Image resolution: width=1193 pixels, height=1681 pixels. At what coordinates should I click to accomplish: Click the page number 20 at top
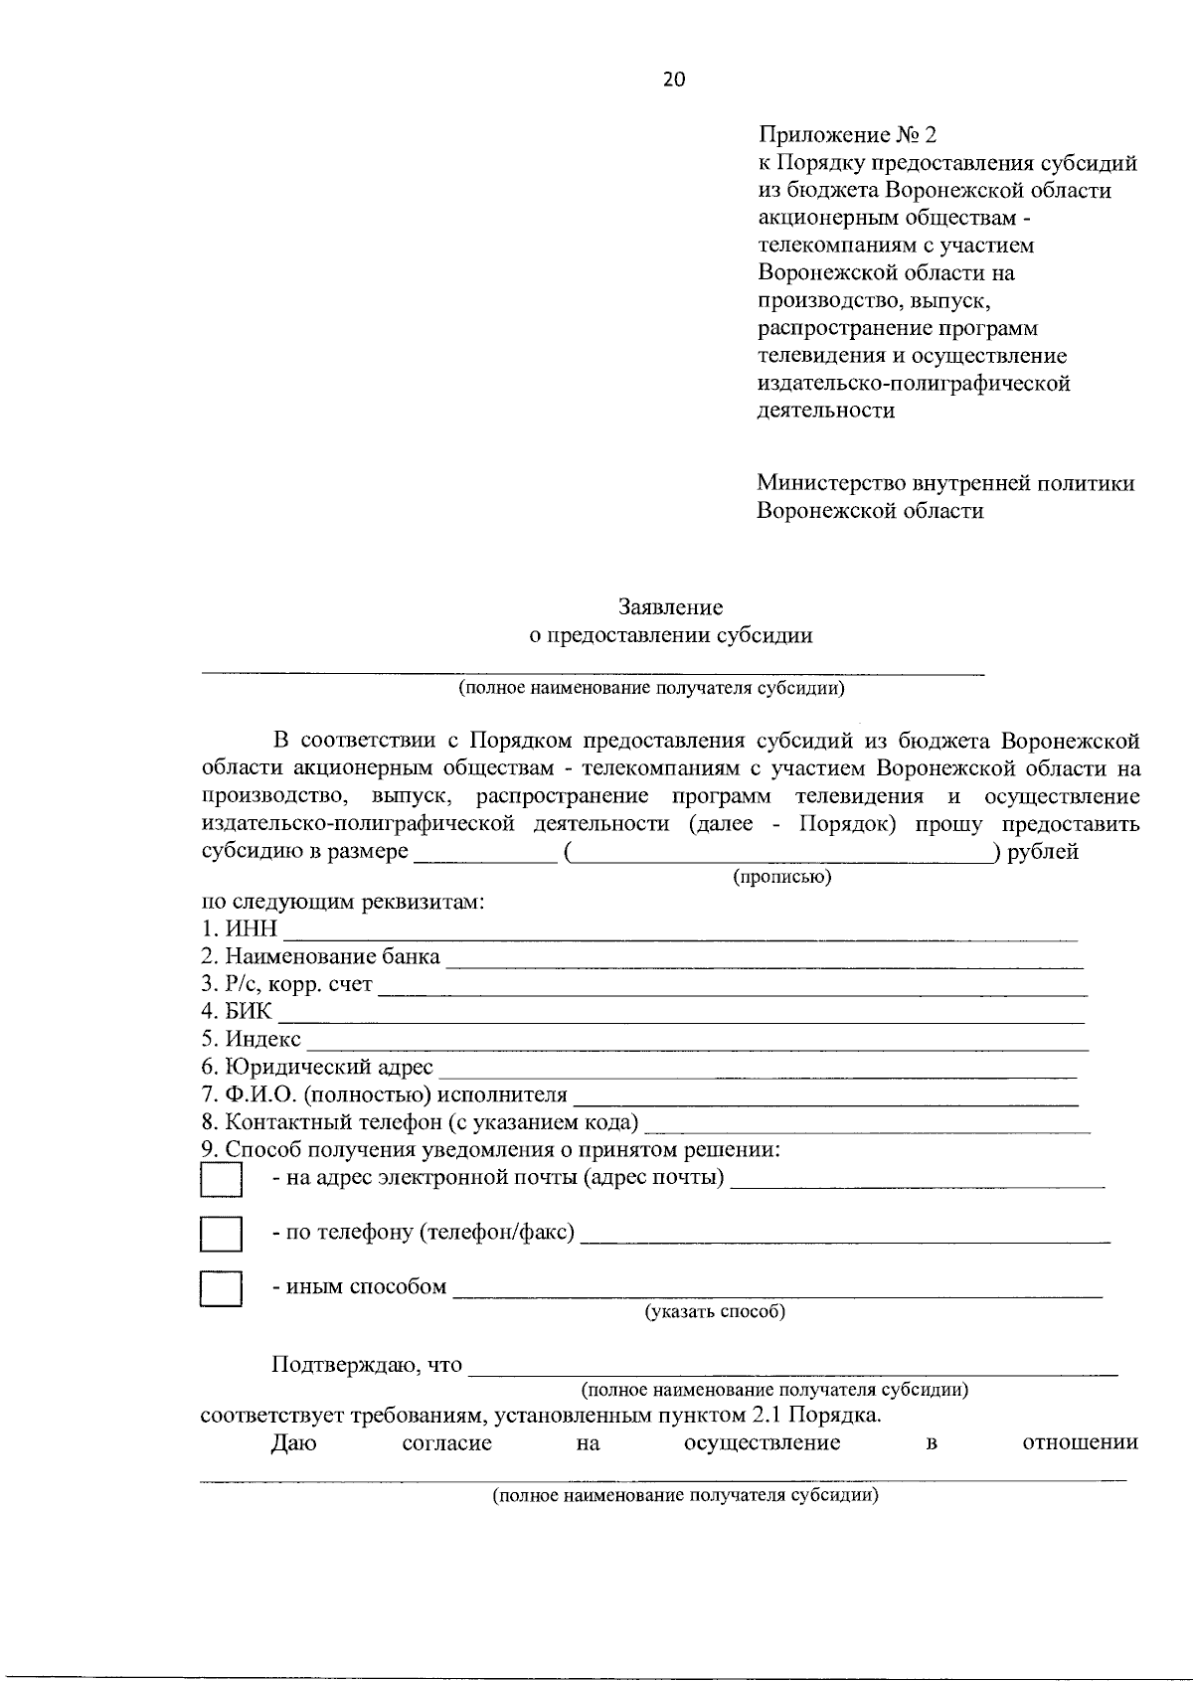point(673,82)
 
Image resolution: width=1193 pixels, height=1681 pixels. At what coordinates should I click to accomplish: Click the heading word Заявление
point(670,606)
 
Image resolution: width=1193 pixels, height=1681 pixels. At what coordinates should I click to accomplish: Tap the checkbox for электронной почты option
point(221,1180)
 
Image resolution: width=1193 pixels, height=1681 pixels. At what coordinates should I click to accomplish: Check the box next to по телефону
point(221,1234)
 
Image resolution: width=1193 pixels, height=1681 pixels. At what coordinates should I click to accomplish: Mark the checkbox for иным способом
point(221,1288)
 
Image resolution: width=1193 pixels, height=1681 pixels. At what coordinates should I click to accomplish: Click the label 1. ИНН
point(239,929)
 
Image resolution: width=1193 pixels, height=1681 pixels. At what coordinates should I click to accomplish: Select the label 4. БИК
point(236,1012)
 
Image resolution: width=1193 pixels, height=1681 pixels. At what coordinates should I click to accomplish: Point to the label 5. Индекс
point(251,1040)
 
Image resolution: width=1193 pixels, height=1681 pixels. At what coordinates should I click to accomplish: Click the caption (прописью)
point(781,877)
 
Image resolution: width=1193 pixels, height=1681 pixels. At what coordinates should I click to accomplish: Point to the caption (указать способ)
point(716,1311)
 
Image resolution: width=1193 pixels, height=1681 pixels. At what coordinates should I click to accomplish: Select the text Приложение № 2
point(847,134)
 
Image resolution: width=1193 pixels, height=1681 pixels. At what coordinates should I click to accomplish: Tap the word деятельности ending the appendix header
point(825,411)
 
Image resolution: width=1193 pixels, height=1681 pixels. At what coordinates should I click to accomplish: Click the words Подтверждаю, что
point(367,1365)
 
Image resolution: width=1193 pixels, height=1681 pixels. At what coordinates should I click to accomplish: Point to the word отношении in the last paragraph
point(1080,1442)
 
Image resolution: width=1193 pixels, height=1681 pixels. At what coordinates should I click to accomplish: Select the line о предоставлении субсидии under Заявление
point(670,635)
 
